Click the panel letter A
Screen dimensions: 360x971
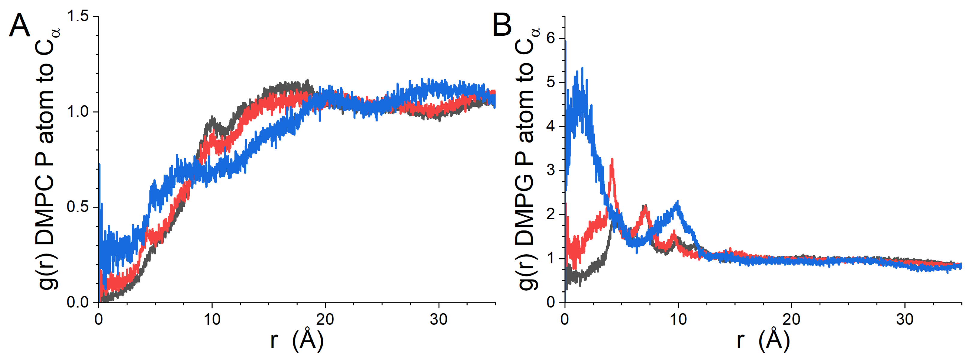(x=19, y=25)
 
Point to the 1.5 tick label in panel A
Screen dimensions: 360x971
(x=78, y=16)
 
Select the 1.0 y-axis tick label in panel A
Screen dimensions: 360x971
(x=78, y=112)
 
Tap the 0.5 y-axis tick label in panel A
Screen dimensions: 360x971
(x=78, y=207)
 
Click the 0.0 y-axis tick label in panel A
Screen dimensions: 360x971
(x=78, y=302)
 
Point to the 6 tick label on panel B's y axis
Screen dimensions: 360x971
(x=551, y=38)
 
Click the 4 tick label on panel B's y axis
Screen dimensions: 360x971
(x=551, y=126)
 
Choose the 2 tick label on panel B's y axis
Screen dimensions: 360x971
(x=551, y=214)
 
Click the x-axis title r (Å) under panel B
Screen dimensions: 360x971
(x=764, y=339)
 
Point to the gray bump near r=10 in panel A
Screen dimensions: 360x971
(x=213, y=120)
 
